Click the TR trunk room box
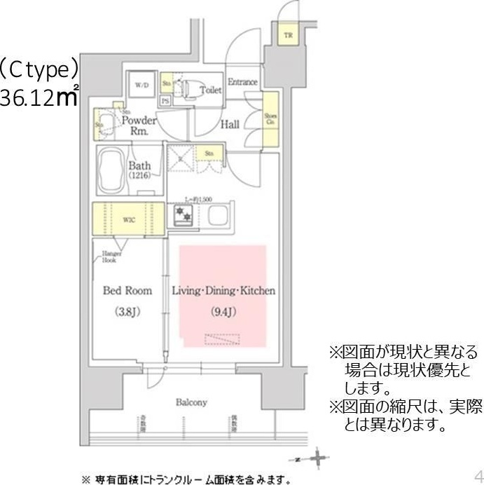(288, 35)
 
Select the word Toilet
(210, 90)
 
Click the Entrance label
(242, 82)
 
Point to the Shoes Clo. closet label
(270, 119)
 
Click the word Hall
(230, 125)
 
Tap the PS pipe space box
(165, 100)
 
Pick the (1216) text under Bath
(139, 176)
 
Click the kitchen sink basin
(217, 215)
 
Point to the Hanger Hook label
(112, 257)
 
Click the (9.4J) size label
(223, 312)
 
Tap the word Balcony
(191, 402)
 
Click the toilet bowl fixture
(186, 88)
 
